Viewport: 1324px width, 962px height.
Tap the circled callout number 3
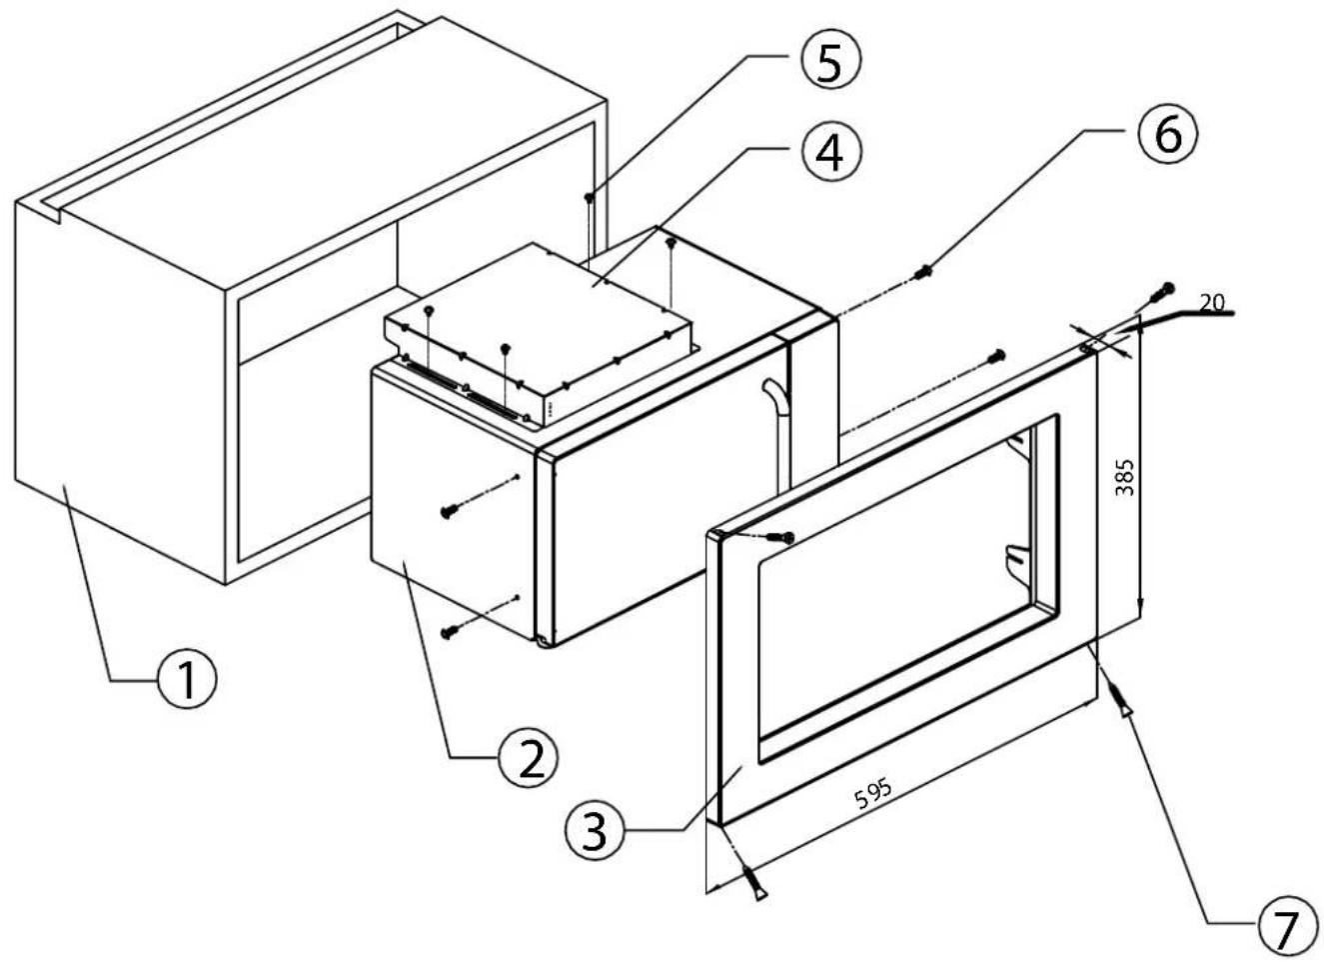click(596, 831)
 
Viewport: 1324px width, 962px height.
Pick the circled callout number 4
click(831, 151)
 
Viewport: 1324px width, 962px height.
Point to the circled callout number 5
click(830, 60)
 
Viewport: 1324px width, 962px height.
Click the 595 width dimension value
click(873, 795)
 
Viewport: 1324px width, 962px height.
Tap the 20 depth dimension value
click(1212, 303)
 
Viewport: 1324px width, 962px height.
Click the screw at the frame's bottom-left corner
click(755, 885)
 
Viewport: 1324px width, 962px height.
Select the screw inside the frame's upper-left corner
click(783, 537)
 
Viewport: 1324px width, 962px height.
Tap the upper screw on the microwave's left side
click(451, 511)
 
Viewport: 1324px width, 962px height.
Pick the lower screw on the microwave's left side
click(450, 633)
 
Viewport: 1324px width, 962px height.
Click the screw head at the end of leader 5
click(589, 197)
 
